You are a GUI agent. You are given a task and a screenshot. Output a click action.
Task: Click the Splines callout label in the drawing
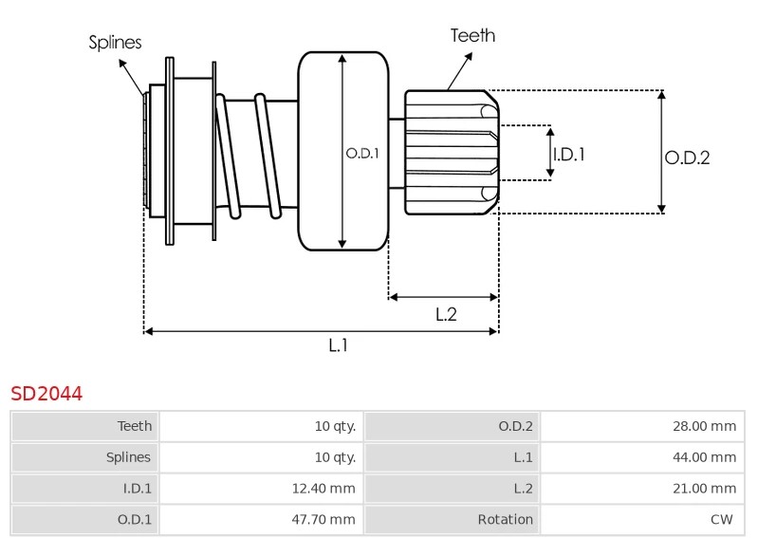(x=115, y=42)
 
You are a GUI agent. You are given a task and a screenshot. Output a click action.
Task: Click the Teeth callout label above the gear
(x=471, y=36)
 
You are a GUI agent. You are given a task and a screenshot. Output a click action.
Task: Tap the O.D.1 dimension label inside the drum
(x=361, y=152)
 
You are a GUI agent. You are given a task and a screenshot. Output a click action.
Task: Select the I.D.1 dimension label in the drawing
(x=568, y=154)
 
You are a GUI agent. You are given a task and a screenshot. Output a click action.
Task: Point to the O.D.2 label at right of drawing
(x=687, y=158)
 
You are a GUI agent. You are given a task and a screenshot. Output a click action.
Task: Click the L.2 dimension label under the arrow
(x=446, y=315)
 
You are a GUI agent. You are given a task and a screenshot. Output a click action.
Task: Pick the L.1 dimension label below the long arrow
(x=338, y=346)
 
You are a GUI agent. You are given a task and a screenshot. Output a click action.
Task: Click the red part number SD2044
(x=46, y=393)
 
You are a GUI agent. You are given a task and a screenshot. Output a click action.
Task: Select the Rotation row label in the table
(x=505, y=519)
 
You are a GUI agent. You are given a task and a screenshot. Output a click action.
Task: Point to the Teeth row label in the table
(x=135, y=426)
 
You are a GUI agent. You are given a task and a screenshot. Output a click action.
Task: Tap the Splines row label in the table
(x=128, y=457)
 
